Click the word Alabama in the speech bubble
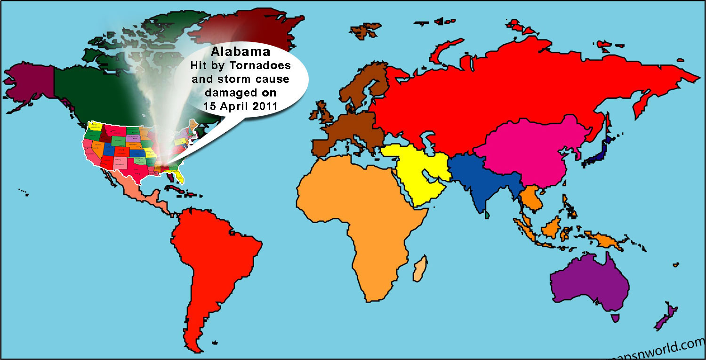tap(236, 51)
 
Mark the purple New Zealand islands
tap(666, 315)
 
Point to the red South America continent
tap(212, 249)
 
